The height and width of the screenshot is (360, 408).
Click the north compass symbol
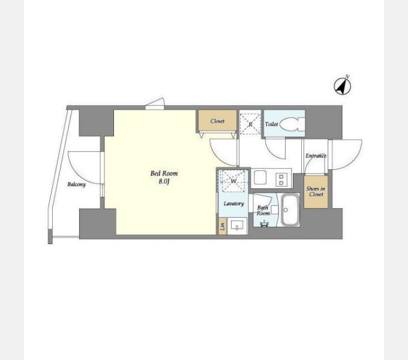pos(343,86)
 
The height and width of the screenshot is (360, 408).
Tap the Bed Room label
pos(164,173)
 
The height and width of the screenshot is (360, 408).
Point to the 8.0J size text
pos(164,182)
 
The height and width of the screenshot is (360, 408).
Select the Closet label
pos(217,121)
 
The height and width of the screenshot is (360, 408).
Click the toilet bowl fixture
pos(292,124)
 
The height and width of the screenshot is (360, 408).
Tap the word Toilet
pos(271,124)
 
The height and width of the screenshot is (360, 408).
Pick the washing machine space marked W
pos(233,181)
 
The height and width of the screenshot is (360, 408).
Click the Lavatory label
pos(233,203)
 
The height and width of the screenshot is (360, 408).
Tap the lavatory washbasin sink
pos(237,225)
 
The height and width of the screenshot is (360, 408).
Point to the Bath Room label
pos(263,211)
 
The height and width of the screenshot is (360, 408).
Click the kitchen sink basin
pos(260,177)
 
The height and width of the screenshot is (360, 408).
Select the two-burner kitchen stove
pos(281,179)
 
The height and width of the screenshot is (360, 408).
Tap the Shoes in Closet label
pos(316,191)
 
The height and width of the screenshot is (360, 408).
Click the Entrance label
pos(316,155)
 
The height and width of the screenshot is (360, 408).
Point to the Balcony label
pos(76,184)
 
